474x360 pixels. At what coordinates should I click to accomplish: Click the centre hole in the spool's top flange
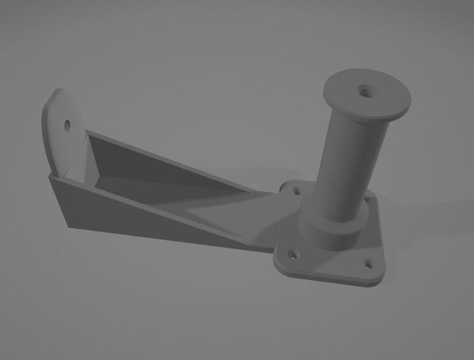pos(363,91)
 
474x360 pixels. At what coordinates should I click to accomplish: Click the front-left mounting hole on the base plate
pos(293,255)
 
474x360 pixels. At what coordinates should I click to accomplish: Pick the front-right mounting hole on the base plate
pos(368,263)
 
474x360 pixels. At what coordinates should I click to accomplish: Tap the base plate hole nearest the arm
pos(294,190)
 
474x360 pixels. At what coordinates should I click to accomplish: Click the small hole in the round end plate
pos(67,125)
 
